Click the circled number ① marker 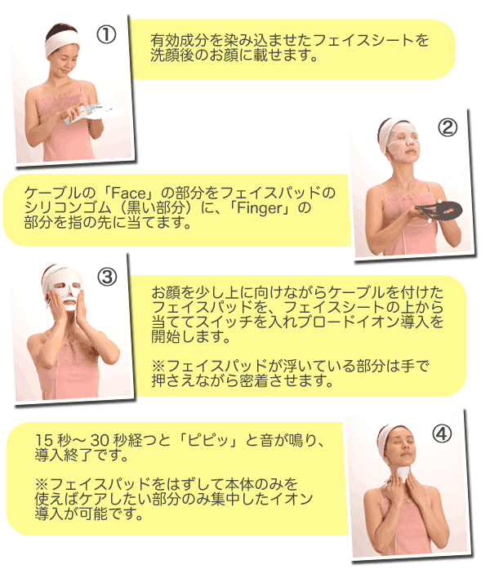click(106, 35)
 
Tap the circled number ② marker click(447, 127)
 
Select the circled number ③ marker click(107, 278)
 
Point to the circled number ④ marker click(442, 433)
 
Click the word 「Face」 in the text click(127, 193)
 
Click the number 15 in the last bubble click(44, 440)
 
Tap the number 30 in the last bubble click(99, 440)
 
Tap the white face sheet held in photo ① click(82, 113)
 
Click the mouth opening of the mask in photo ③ click(69, 301)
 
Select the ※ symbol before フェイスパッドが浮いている click(158, 366)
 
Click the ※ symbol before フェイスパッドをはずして click(42, 484)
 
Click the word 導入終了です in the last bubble click(82, 455)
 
